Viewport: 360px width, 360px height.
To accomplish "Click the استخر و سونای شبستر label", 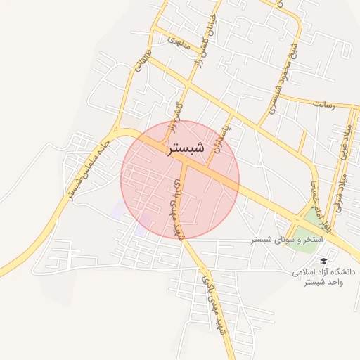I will pos(287,240).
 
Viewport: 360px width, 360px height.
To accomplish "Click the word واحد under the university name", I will pos(334,283).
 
